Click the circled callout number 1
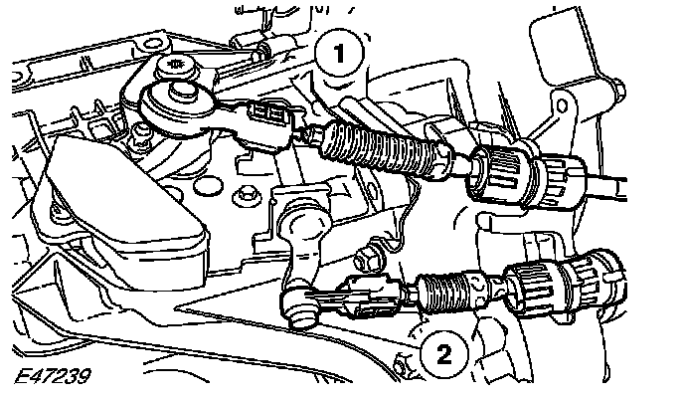coord(339,54)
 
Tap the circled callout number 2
coord(443,353)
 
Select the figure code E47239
coord(53,376)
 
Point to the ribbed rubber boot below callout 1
coord(381,148)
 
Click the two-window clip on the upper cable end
coord(266,115)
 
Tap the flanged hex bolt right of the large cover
coord(247,197)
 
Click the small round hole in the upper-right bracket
coord(562,105)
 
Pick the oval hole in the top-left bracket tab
coord(151,43)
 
